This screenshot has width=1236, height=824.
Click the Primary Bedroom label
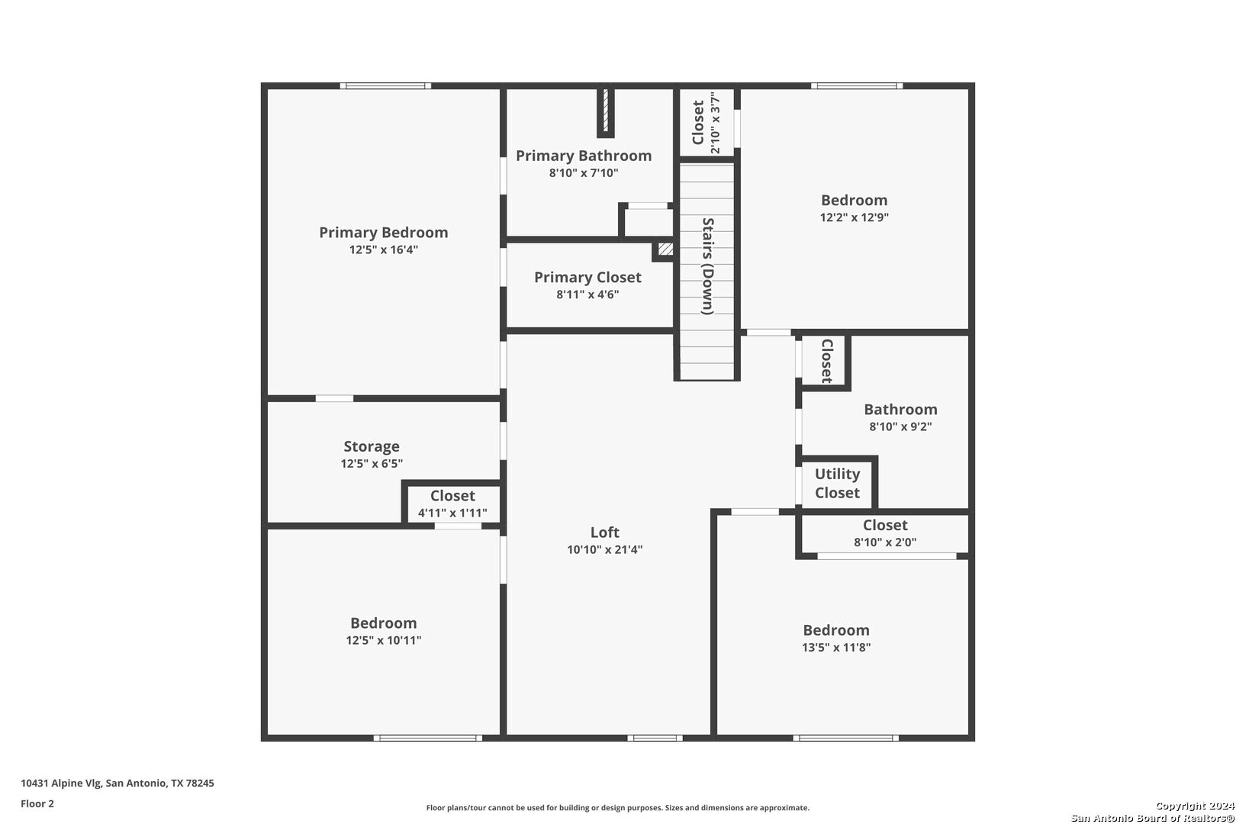click(384, 233)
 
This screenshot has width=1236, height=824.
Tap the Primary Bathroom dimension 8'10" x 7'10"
click(583, 172)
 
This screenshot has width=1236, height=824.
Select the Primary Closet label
click(587, 277)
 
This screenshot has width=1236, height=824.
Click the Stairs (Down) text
click(707, 266)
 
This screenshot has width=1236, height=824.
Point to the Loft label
click(605, 532)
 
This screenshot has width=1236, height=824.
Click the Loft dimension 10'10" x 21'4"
click(605, 549)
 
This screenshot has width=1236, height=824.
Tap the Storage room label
click(372, 446)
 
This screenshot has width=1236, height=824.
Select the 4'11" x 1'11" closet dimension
click(452, 513)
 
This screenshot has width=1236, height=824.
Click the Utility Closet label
click(837, 483)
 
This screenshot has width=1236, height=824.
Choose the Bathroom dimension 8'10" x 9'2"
click(900, 426)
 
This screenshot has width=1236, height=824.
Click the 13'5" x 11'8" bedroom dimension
click(836, 648)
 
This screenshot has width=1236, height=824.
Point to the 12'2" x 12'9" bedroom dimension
click(855, 217)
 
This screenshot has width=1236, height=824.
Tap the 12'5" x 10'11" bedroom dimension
click(384, 640)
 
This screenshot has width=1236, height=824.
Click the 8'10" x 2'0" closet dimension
click(885, 542)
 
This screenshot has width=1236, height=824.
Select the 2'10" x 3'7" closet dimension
click(715, 123)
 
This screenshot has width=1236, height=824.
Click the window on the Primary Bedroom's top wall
click(385, 85)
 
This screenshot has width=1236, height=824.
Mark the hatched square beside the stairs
click(665, 249)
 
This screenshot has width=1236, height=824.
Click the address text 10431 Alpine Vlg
click(61, 783)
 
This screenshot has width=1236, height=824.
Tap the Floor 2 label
click(37, 803)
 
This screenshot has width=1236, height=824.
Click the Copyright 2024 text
click(1195, 806)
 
